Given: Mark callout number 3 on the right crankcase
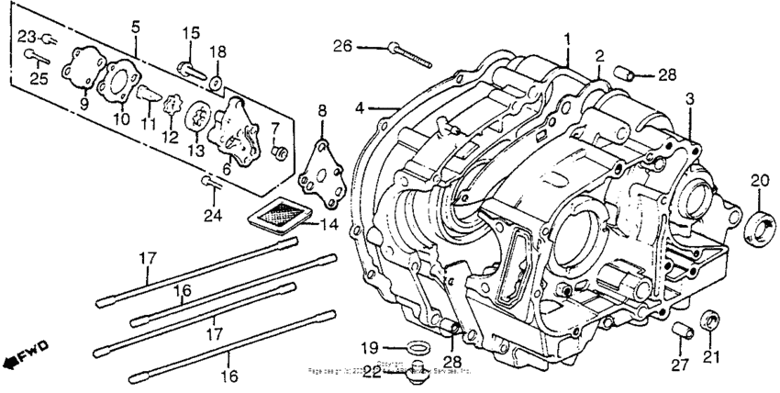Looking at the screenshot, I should tap(690, 98).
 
